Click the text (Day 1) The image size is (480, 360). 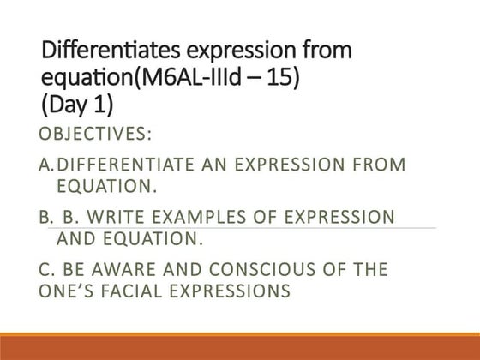pyautogui.click(x=75, y=107)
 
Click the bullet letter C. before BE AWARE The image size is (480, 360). pyautogui.click(x=48, y=272)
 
